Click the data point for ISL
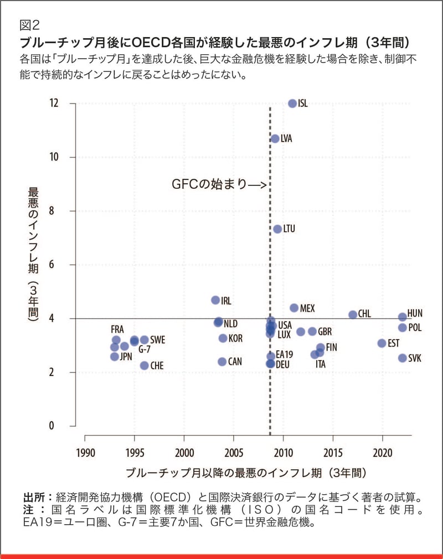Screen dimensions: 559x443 click(292, 103)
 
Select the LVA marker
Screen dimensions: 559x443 click(275, 138)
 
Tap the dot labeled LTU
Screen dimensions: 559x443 click(277, 229)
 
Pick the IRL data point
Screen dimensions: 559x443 click(215, 300)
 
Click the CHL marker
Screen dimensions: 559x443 click(353, 314)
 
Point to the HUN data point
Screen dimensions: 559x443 click(403, 317)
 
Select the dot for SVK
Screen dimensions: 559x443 click(403, 358)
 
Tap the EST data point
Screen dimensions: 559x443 click(382, 343)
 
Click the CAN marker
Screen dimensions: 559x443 click(222, 361)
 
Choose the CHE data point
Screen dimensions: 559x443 click(145, 365)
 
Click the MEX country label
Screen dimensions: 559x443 click(307, 308)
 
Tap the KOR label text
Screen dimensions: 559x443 click(235, 338)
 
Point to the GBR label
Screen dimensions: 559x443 click(325, 332)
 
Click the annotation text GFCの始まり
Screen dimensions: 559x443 click(209, 185)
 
